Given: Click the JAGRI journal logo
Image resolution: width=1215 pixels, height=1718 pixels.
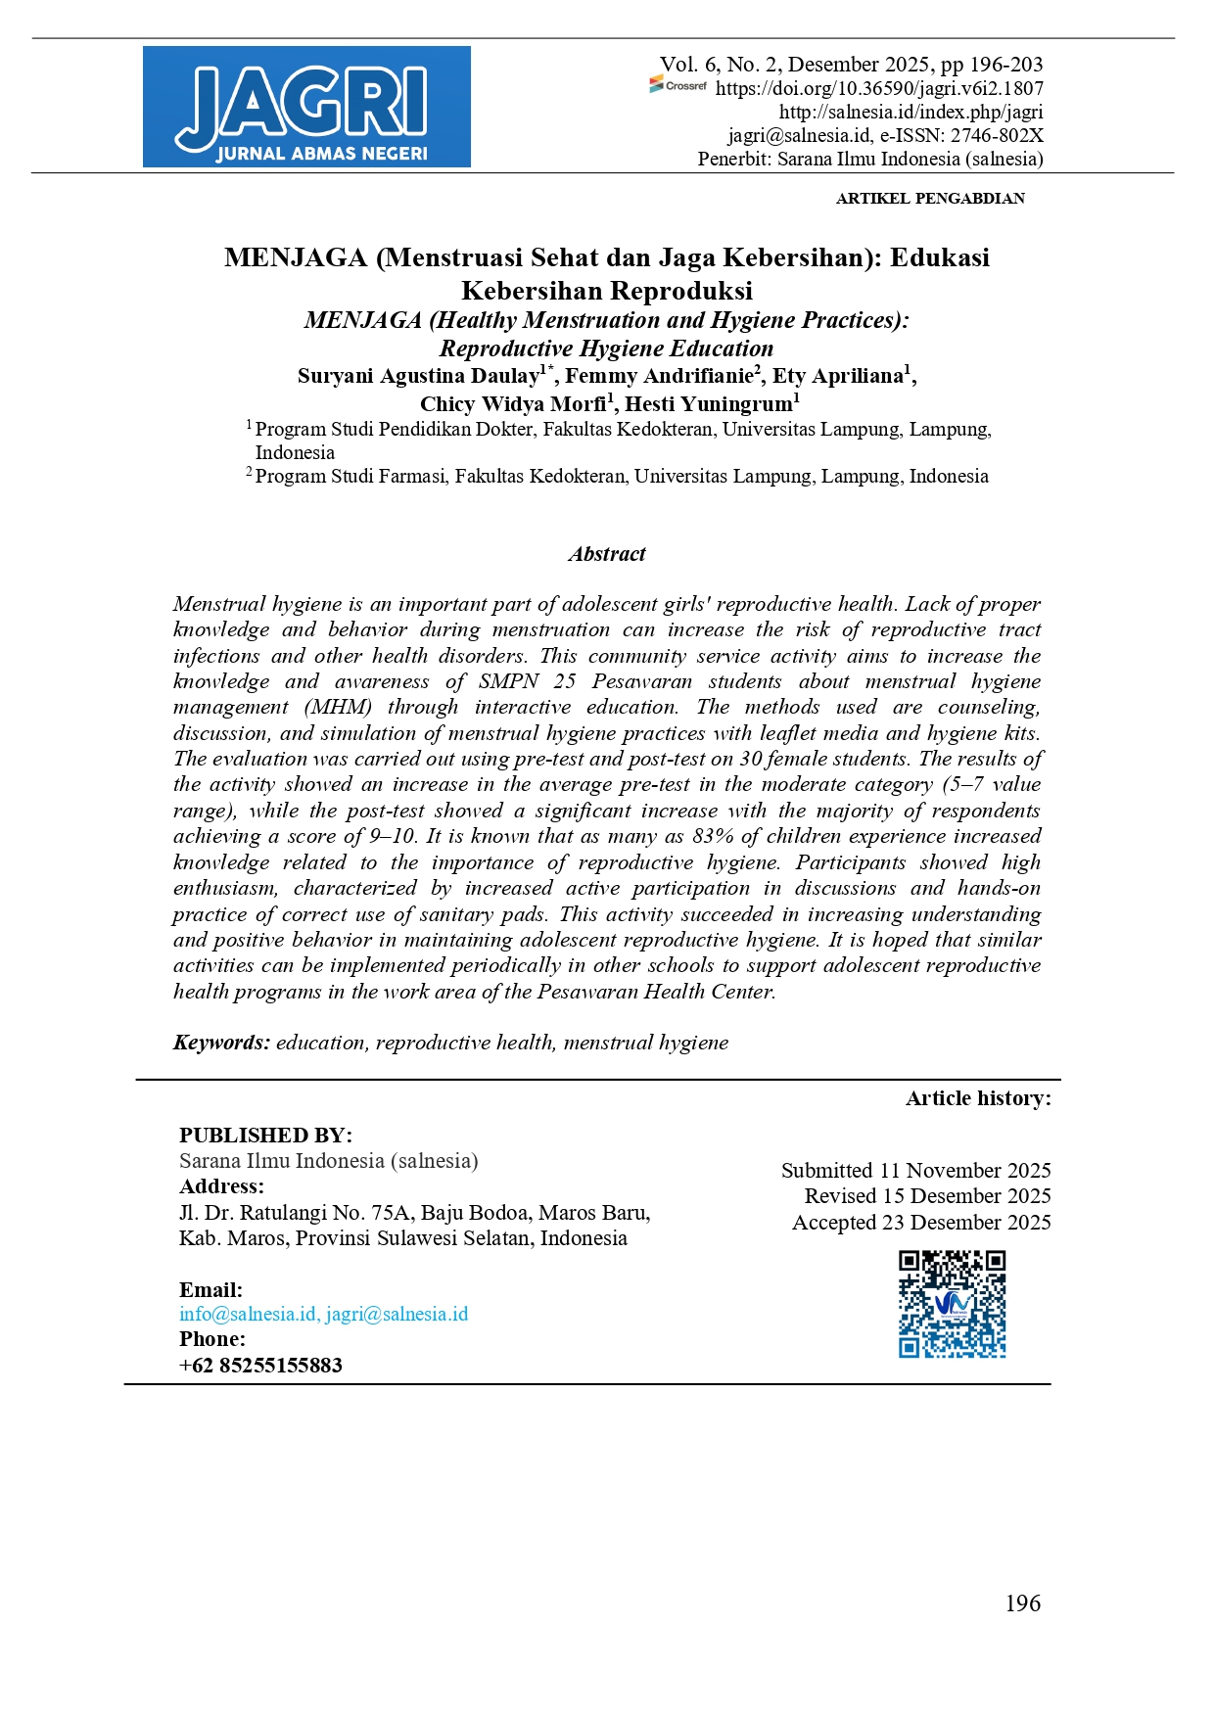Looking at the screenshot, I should coord(306,107).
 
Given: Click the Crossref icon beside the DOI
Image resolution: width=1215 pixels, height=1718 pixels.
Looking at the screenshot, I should coord(678,86).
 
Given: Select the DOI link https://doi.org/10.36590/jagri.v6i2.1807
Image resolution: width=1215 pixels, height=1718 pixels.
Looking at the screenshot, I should coord(879,88).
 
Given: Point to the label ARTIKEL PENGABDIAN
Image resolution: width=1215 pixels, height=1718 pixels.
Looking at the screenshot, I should coord(930,198).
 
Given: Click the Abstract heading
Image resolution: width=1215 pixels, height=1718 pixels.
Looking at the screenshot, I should coord(607,554).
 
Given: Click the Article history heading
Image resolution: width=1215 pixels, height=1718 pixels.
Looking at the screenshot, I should coord(978,1098).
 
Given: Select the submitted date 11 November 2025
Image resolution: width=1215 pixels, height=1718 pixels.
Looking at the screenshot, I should coord(964,1171).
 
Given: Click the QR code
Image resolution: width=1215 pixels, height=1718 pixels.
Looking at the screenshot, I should coord(953,1304).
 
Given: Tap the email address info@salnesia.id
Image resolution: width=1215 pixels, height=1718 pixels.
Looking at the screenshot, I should coord(248,1315).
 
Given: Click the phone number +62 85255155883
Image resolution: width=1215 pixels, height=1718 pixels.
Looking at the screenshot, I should coord(260,1366).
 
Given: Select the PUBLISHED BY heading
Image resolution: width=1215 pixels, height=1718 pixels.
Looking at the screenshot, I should coord(265,1136).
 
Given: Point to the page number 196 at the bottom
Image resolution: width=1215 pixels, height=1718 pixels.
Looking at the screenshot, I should coord(1022,1603).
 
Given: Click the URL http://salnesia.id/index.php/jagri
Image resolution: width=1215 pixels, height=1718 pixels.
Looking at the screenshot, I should coord(911,112).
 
